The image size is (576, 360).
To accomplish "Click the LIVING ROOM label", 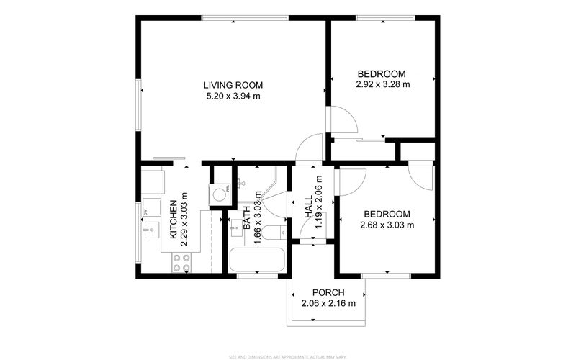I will (231, 84).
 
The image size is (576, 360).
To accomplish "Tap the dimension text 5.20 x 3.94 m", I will (231, 95).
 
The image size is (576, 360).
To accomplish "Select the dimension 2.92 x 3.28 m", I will (382, 84).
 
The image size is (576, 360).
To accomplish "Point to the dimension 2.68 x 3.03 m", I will (387, 225).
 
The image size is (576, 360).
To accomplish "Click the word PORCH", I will (328, 292).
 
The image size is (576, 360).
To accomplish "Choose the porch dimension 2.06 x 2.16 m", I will (328, 303).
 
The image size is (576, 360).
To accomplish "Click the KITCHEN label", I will (174, 220).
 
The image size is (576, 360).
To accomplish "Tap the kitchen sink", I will (151, 230).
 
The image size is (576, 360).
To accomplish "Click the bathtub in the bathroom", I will (256, 260).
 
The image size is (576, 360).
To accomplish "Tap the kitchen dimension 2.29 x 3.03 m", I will (184, 220).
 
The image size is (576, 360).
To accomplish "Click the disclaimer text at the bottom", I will (288, 356).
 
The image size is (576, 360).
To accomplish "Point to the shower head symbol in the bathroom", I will (242, 183).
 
